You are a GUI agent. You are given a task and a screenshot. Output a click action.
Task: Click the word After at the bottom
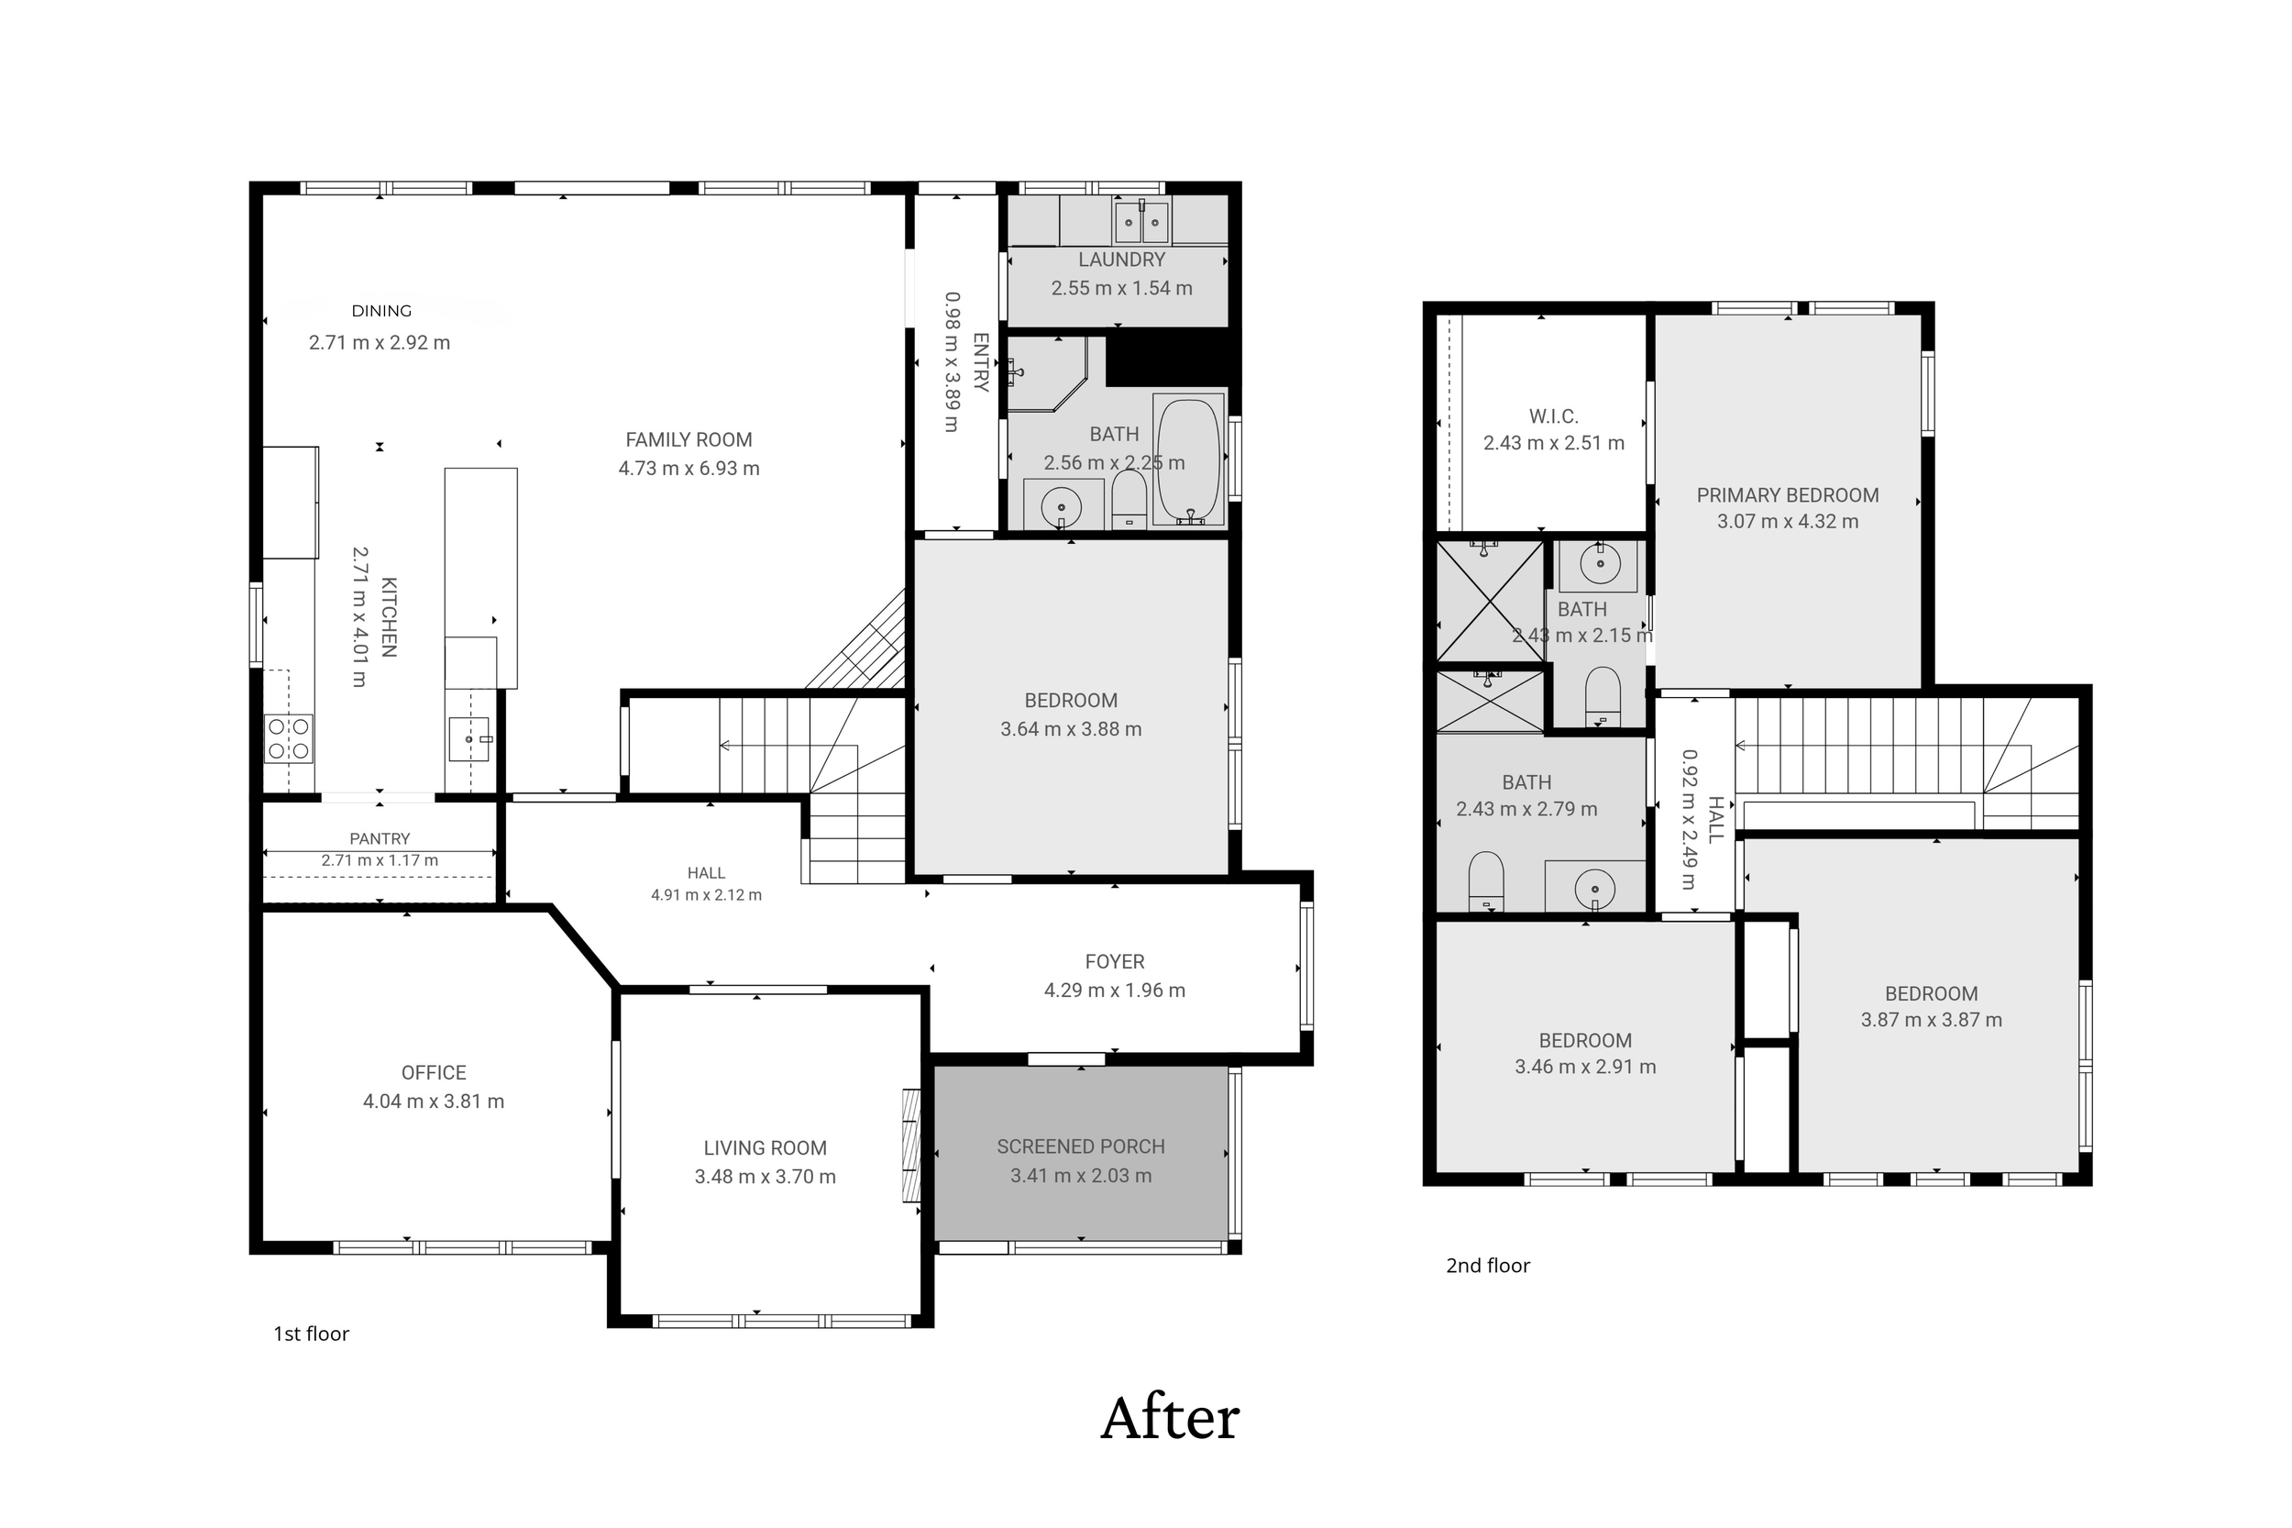tap(1169, 1419)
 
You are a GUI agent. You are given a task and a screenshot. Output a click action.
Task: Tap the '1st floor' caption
tap(311, 1334)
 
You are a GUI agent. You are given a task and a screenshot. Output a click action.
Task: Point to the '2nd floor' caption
tap(1487, 1265)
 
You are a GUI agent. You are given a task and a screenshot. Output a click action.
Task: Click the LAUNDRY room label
tap(1121, 260)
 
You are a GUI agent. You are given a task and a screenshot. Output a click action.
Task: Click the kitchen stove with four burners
tap(288, 738)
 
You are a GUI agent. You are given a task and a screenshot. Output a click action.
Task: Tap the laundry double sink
tap(1141, 222)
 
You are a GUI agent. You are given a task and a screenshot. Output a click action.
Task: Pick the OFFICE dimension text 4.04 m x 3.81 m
tap(434, 1102)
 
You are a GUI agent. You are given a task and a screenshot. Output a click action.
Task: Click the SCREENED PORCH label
tap(1080, 1146)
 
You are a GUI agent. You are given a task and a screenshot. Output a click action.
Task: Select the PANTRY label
tap(380, 838)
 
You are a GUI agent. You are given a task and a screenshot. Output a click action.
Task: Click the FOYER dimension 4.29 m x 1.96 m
tap(1114, 991)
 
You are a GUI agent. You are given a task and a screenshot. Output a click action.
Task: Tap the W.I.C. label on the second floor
tap(1554, 416)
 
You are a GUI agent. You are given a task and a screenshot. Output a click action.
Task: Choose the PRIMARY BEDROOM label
tap(1788, 495)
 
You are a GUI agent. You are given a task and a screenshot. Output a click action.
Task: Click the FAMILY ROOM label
tap(689, 439)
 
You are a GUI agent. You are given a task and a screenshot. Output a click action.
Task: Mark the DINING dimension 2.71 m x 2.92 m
tap(379, 342)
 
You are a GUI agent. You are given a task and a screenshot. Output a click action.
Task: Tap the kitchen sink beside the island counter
tap(469, 739)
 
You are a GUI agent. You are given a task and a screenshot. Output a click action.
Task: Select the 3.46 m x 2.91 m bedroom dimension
tap(1585, 1066)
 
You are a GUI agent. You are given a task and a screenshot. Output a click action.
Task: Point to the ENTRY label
tap(981, 361)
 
